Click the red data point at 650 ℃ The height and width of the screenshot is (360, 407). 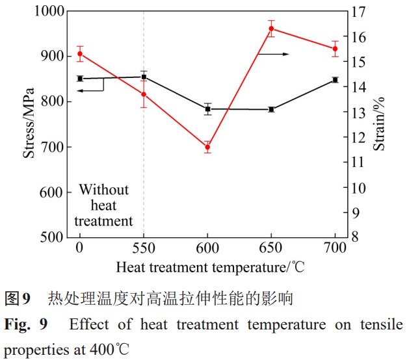[x=272, y=29]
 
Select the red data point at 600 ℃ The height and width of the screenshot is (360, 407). [x=207, y=148]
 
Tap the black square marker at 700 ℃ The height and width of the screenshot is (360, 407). [x=335, y=80]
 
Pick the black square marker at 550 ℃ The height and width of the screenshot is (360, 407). [x=144, y=77]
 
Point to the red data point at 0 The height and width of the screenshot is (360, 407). [x=80, y=54]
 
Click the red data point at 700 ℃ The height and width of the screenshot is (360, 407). [x=335, y=49]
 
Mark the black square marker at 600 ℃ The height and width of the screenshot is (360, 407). [x=207, y=109]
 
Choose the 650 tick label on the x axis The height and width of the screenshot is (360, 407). [x=272, y=248]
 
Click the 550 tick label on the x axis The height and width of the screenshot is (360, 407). [x=144, y=248]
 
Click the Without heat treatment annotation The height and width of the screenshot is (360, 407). [x=103, y=205]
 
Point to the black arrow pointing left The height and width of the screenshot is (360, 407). [x=90, y=90]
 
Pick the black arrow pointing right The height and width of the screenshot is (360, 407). [x=274, y=54]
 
